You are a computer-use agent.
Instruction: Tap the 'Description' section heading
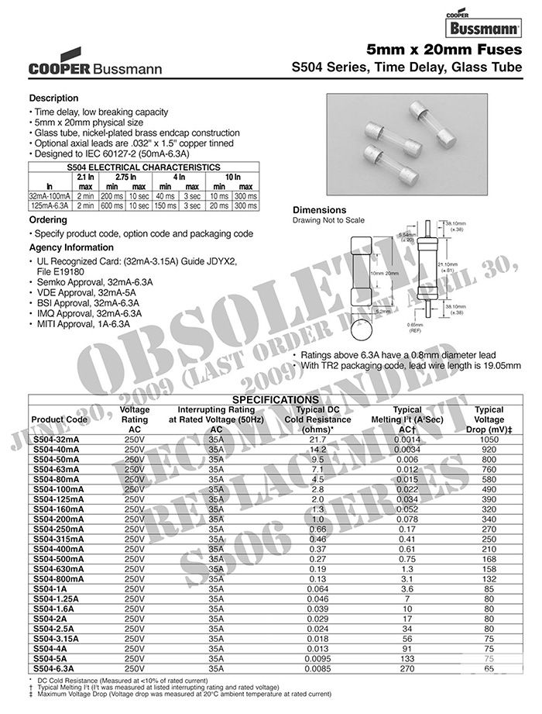(x=53, y=98)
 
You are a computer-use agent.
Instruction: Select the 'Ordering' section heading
(x=47, y=220)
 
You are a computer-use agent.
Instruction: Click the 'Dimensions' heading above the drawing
(x=319, y=210)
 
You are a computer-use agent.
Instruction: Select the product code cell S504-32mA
(x=61, y=439)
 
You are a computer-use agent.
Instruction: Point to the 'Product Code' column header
(x=60, y=419)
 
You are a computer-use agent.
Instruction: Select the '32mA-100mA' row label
(x=50, y=196)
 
